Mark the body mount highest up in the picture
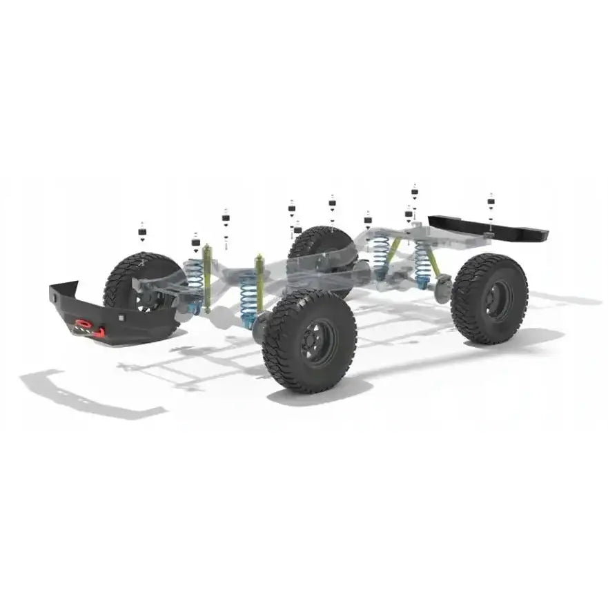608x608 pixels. pos(414,191)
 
